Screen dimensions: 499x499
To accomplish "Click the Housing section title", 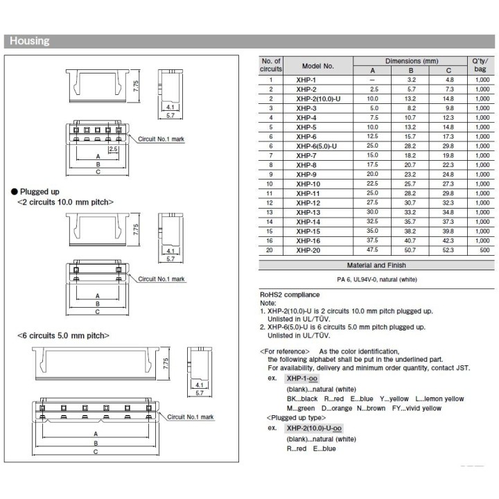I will (29, 41).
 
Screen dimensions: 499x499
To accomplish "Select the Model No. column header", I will (317, 66).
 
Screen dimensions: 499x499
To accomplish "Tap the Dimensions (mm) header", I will (412, 61).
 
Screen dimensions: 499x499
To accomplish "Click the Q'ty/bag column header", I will (481, 66).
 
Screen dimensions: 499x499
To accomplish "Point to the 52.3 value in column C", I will (449, 249).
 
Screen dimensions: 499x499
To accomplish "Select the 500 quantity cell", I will (481, 249).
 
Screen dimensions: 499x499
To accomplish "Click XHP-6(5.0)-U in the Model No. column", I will (316, 146).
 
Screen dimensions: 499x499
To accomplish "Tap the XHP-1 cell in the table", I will (306, 80).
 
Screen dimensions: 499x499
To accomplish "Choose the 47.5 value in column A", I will (374, 249).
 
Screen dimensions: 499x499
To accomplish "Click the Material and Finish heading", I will (376, 265).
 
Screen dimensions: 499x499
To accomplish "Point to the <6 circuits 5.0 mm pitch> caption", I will (63, 335).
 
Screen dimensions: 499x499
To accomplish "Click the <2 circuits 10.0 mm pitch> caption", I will (64, 202).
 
